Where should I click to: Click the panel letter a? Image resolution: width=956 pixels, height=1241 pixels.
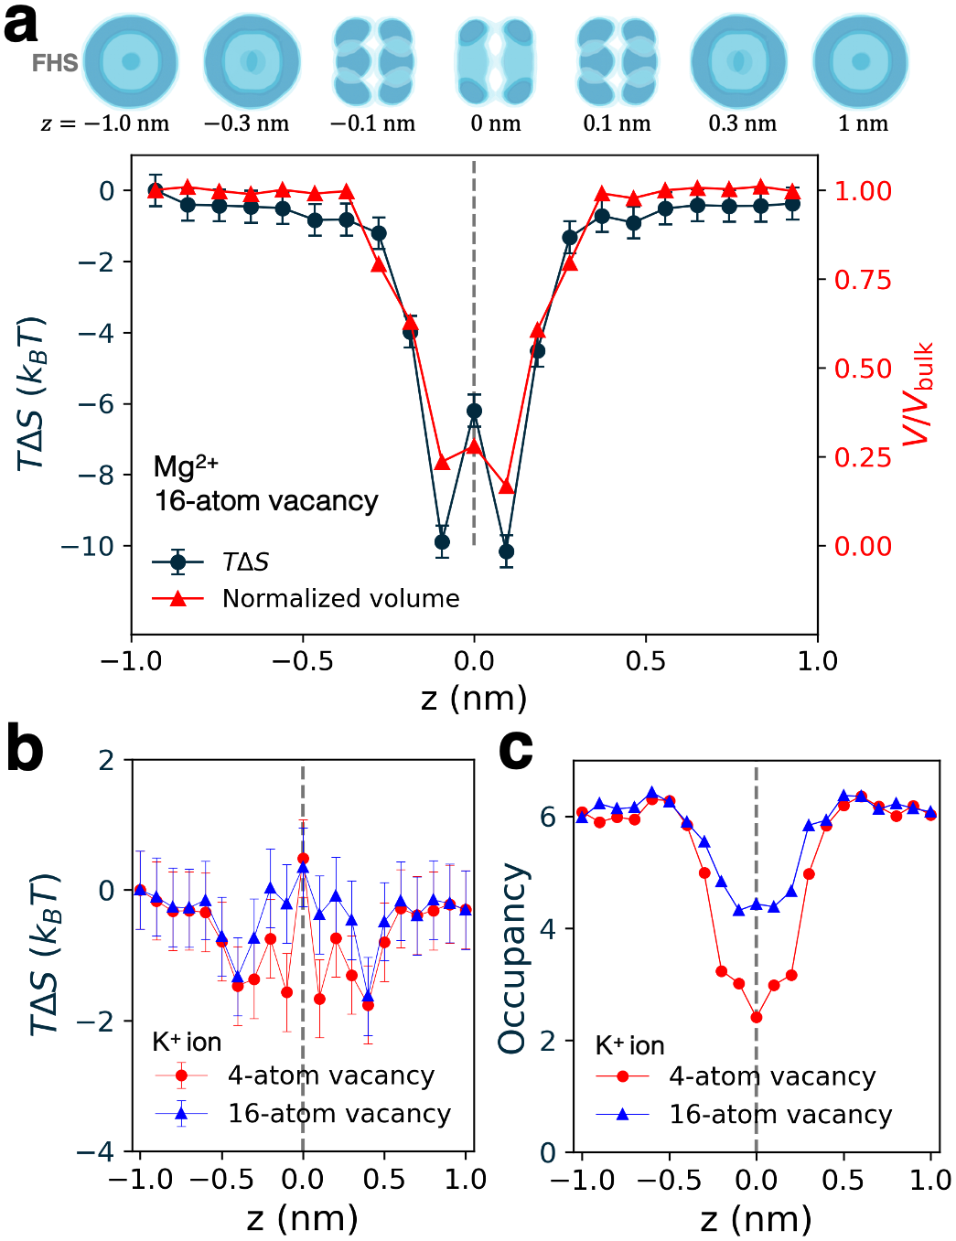tap(21, 25)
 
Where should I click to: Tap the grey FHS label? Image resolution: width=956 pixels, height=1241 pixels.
tap(54, 63)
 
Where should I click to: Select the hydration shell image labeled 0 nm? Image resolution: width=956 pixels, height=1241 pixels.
tap(495, 62)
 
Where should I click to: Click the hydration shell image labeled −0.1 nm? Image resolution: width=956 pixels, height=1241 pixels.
tap(373, 62)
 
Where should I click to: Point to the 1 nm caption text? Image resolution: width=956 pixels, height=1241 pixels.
tap(863, 123)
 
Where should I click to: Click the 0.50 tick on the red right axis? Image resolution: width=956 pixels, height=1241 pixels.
tap(862, 369)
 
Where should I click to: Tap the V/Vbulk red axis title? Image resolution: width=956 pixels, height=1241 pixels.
tap(918, 393)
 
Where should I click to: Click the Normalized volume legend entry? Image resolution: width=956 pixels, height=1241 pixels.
tap(340, 598)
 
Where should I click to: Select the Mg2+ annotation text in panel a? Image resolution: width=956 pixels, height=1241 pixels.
tap(186, 467)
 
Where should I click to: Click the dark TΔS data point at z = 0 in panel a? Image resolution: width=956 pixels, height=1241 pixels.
tap(474, 412)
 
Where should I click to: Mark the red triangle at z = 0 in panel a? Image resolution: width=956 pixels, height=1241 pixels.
tap(474, 447)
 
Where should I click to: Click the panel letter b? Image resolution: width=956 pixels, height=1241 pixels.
tap(25, 750)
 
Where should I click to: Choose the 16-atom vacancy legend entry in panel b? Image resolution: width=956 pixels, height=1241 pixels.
tap(338, 1113)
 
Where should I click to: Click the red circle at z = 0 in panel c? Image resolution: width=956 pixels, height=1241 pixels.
tap(757, 1017)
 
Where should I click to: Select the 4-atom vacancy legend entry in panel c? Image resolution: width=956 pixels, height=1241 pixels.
tap(771, 1076)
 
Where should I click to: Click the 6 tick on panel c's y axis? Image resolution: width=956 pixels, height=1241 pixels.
tap(548, 817)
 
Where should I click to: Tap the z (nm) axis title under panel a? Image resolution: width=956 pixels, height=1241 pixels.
tap(474, 698)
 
